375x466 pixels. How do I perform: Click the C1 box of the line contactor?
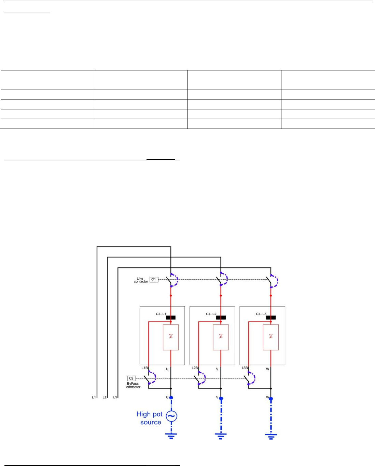(154, 280)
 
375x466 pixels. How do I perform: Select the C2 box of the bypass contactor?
(131, 378)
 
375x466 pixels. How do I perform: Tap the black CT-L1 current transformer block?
(171, 318)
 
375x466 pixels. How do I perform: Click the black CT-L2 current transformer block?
(221, 318)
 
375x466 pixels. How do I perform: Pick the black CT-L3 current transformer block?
(271, 318)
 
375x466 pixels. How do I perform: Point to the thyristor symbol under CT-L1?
(171, 336)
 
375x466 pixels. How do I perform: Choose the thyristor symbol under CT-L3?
(271, 336)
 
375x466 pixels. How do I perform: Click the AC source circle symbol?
(171, 416)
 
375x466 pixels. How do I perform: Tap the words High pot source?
(150, 418)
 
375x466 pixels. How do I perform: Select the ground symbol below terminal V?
(221, 436)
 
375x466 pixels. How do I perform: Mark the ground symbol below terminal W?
(271, 436)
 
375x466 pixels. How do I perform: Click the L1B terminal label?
(144, 368)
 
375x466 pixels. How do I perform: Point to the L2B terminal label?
(195, 368)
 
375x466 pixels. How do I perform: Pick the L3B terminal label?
(245, 368)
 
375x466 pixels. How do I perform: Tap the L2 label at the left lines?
(105, 397)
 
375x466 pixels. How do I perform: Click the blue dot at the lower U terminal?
(171, 398)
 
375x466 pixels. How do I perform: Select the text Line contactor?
(141, 280)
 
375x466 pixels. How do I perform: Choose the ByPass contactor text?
(133, 385)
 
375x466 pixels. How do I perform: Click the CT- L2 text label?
(211, 314)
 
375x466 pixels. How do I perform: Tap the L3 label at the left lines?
(115, 397)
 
